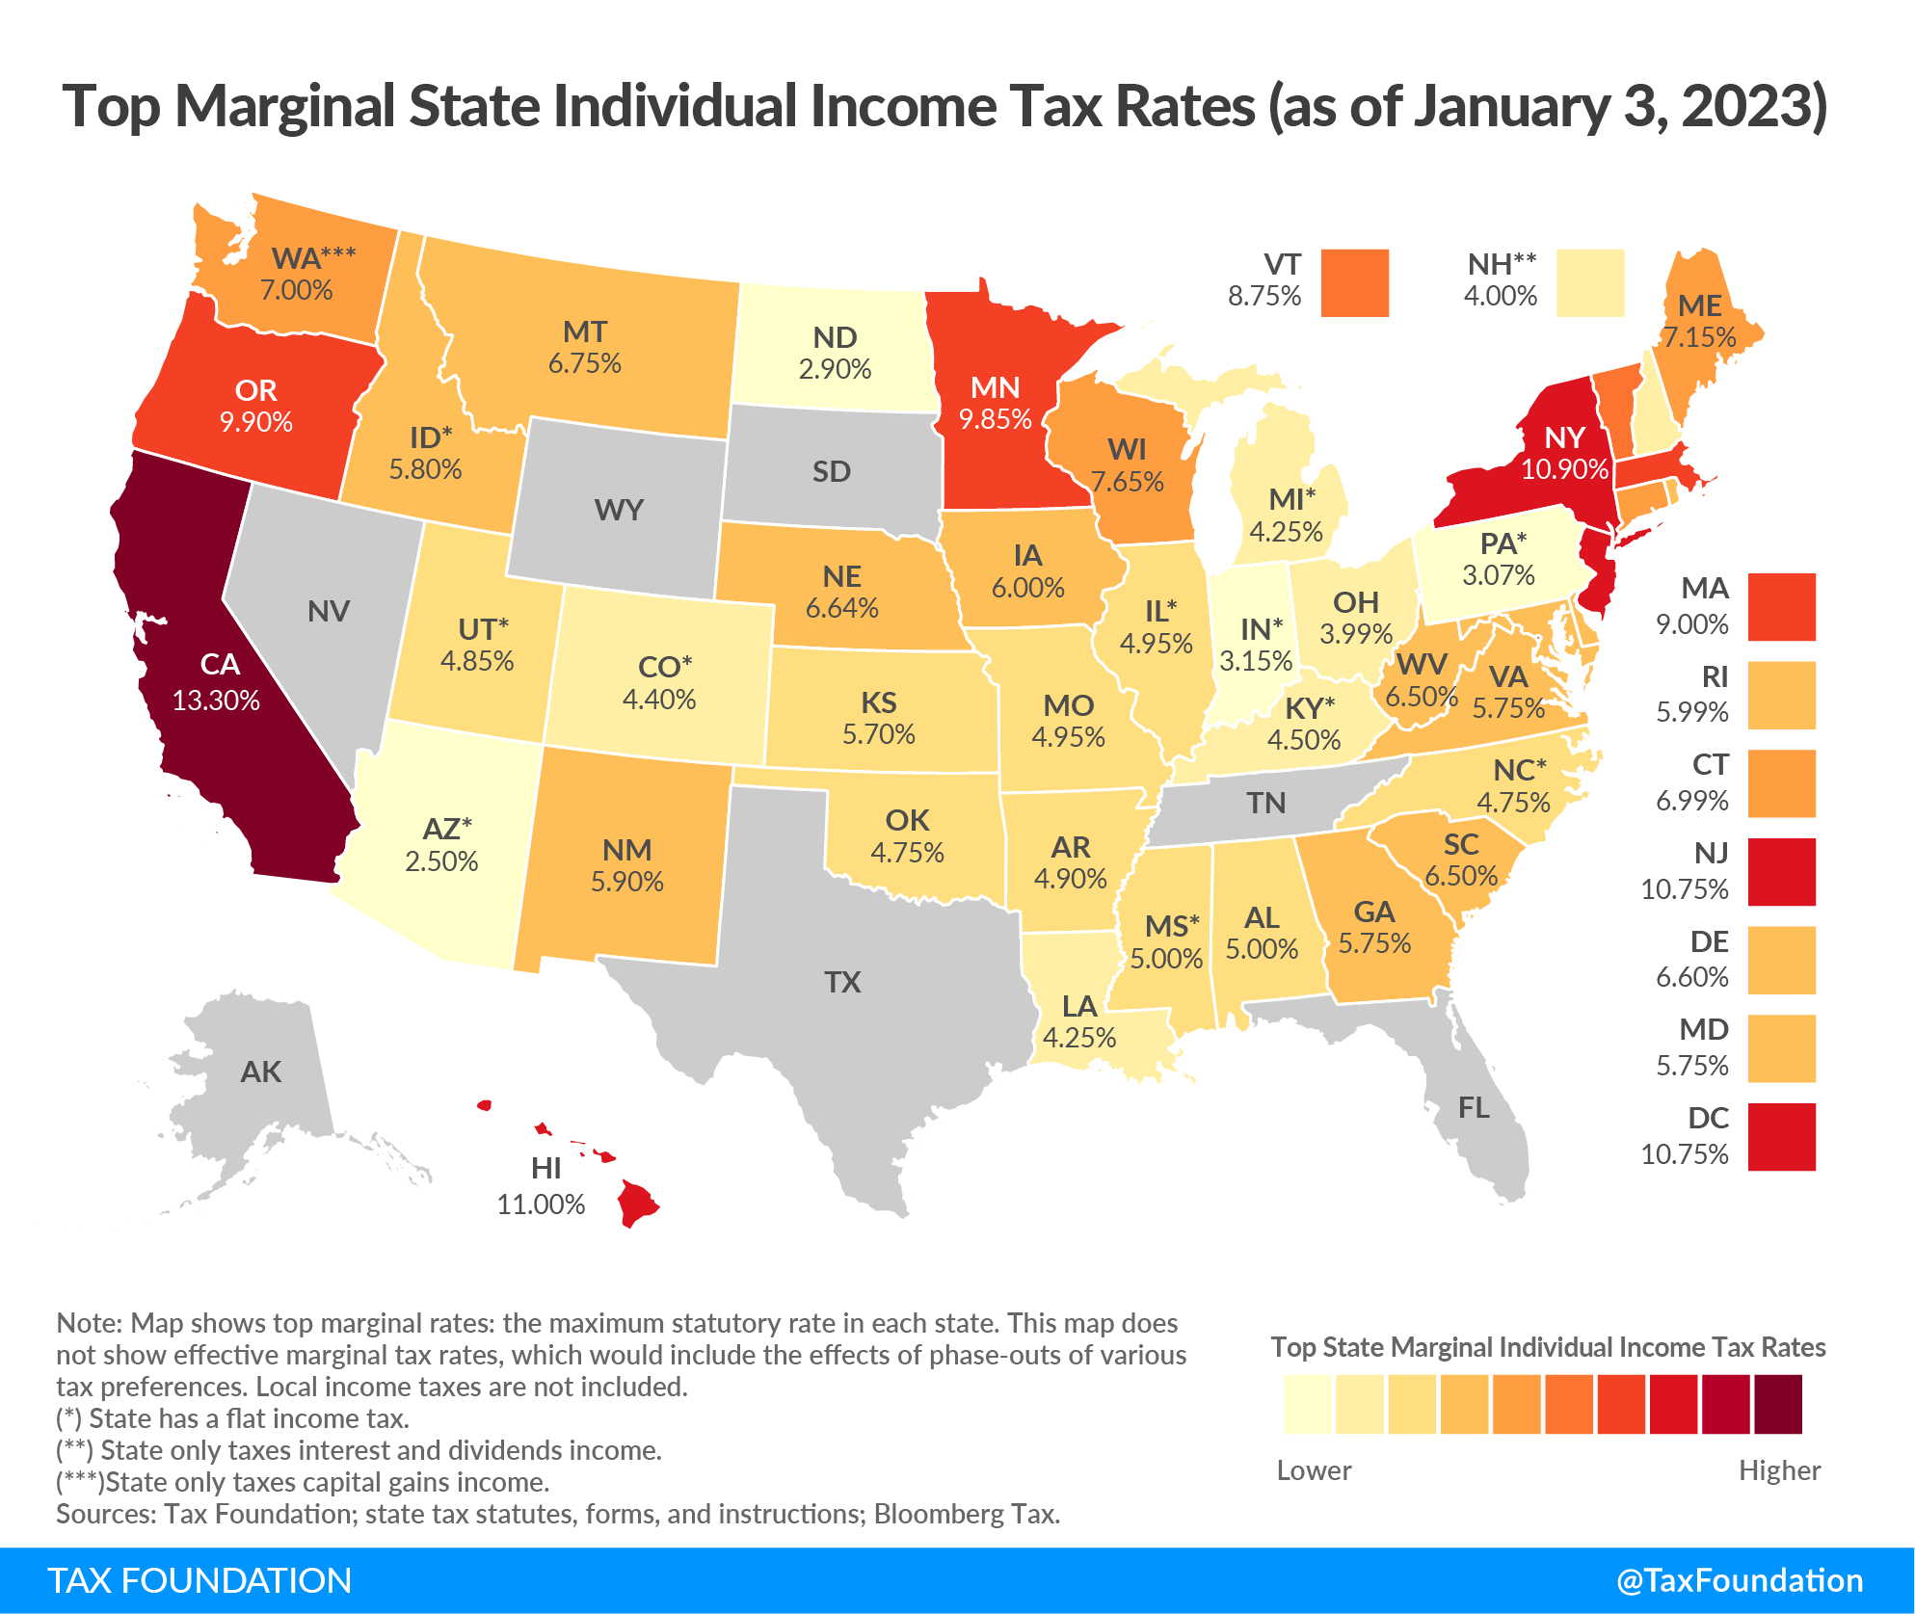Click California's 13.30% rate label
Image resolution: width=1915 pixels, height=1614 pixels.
(216, 701)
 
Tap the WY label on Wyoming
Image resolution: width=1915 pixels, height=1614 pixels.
(619, 510)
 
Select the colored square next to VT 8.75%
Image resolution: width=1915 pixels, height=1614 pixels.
(1354, 282)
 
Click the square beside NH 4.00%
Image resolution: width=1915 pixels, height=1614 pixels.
(1590, 282)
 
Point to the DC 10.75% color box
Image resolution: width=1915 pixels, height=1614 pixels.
(1781, 1137)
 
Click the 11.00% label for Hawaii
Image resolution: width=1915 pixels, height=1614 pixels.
(541, 1204)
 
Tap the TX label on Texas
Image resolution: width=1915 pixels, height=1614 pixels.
(842, 982)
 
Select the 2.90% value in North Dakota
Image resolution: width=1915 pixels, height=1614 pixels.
(835, 369)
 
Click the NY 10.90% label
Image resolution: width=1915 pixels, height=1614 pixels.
(1564, 453)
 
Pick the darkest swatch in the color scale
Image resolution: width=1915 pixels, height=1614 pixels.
(1777, 1404)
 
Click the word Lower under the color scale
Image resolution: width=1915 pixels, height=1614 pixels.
(1314, 1470)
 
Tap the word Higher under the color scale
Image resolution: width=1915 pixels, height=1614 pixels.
(1779, 1470)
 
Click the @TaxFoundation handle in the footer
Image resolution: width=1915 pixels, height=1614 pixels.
(1739, 1580)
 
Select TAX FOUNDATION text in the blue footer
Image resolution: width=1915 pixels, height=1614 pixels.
(199, 1580)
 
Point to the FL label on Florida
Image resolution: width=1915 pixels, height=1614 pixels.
(1474, 1108)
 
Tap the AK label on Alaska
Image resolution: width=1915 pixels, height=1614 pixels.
(261, 1072)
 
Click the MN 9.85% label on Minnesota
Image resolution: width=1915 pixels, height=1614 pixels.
(995, 403)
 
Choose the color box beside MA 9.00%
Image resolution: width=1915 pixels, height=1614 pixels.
(1781, 607)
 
